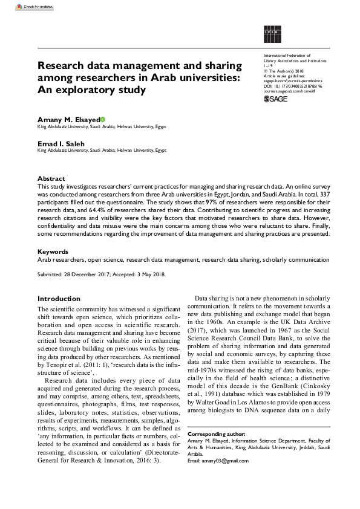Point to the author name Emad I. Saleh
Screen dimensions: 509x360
59,143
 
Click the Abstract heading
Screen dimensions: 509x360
51,179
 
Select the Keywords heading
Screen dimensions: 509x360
53,251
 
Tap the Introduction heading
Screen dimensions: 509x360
59,299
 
